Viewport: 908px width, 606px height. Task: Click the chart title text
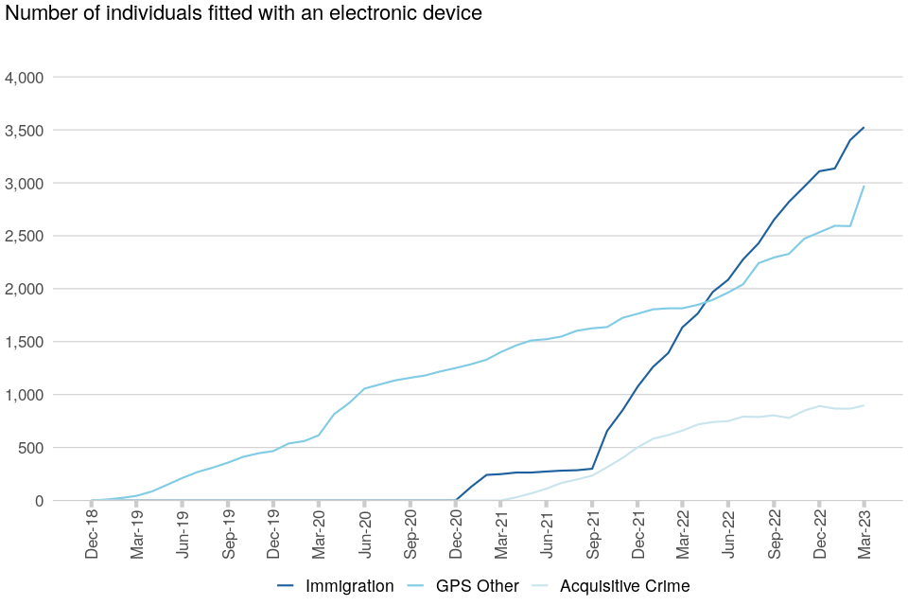click(244, 13)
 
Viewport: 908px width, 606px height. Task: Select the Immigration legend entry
click(348, 586)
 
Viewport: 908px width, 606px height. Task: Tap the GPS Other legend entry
click(477, 586)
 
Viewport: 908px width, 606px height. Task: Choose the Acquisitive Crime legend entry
click(624, 586)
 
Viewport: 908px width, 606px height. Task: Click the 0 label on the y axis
click(39, 501)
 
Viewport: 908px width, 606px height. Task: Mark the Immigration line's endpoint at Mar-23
click(864, 127)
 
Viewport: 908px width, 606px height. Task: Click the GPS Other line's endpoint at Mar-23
click(864, 186)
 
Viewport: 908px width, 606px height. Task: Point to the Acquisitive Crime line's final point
click(864, 405)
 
